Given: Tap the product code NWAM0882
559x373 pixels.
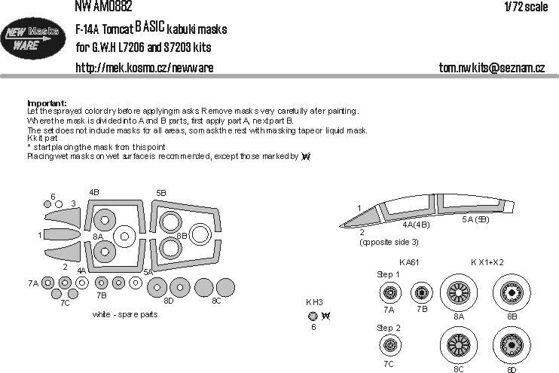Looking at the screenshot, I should click(x=104, y=7).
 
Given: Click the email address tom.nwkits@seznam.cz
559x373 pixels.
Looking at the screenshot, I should click(x=491, y=68).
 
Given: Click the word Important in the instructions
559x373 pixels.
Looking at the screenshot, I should click(x=47, y=102).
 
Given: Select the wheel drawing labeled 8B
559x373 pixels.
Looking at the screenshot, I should click(x=512, y=291).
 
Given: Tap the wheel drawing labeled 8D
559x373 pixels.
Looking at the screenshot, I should click(x=512, y=344).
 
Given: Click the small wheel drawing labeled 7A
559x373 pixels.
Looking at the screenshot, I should click(x=389, y=292).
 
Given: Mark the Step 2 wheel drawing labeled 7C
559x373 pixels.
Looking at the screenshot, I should click(x=389, y=346).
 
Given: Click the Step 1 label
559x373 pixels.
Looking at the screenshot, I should click(x=389, y=274).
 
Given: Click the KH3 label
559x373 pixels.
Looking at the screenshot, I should click(x=313, y=302).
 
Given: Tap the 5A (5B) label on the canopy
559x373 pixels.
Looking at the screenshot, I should click(x=476, y=219).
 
